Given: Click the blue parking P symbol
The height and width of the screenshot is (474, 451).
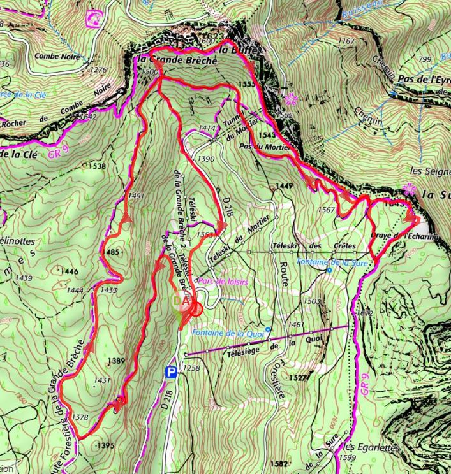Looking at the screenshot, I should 170,371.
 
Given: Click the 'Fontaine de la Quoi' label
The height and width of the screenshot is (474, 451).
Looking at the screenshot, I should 230,331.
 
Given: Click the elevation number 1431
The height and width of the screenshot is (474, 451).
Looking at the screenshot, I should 101,381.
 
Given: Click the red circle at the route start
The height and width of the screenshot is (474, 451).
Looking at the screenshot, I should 196,309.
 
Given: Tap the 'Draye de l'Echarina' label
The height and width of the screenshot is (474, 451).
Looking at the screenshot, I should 404,236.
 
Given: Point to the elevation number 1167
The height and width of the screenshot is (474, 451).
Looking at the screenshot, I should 346,41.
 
